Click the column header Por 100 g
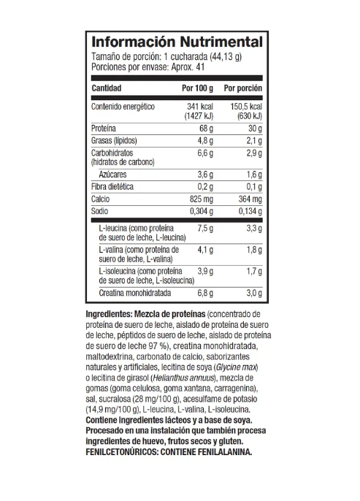[x=197, y=88]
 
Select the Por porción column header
[x=242, y=88]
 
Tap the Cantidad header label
[x=107, y=88]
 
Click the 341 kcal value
[x=199, y=107]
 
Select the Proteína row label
[x=105, y=127]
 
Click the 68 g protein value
[x=204, y=127]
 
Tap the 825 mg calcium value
[x=201, y=199]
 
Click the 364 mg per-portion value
[x=248, y=199]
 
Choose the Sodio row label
[x=100, y=211]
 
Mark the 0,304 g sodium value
[x=199, y=211]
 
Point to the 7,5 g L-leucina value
[x=204, y=229]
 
